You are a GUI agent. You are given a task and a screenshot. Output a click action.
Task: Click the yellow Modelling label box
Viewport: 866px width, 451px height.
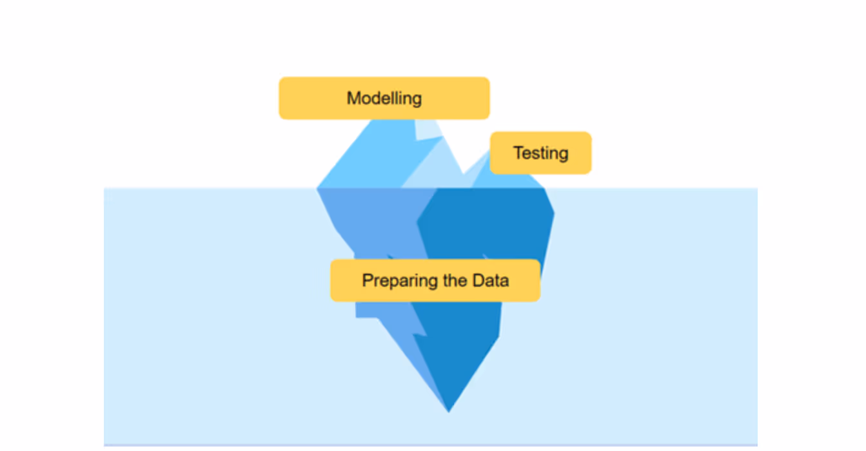384,98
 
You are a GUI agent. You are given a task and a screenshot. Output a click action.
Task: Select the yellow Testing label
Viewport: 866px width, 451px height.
540,153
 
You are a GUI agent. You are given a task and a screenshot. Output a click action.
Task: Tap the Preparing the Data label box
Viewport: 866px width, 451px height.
435,280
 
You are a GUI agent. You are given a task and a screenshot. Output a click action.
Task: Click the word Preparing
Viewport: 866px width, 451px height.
392,281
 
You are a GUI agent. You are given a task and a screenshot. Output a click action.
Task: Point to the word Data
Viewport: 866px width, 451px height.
490,280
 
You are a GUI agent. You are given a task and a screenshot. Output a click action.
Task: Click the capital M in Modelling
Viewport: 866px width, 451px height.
353,99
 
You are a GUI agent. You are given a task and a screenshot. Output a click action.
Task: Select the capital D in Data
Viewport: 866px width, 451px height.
478,280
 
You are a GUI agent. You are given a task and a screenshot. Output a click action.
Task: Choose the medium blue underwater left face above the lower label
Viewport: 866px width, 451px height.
374,219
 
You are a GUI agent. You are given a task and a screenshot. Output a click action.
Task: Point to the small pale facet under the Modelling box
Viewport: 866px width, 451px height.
427,129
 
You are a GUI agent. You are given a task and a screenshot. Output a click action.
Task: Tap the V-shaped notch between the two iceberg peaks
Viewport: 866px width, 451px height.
463,173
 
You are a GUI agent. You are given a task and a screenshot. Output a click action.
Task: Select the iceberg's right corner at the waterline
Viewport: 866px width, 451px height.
545,189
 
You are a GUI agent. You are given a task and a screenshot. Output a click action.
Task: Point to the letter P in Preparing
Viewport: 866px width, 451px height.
368,280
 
